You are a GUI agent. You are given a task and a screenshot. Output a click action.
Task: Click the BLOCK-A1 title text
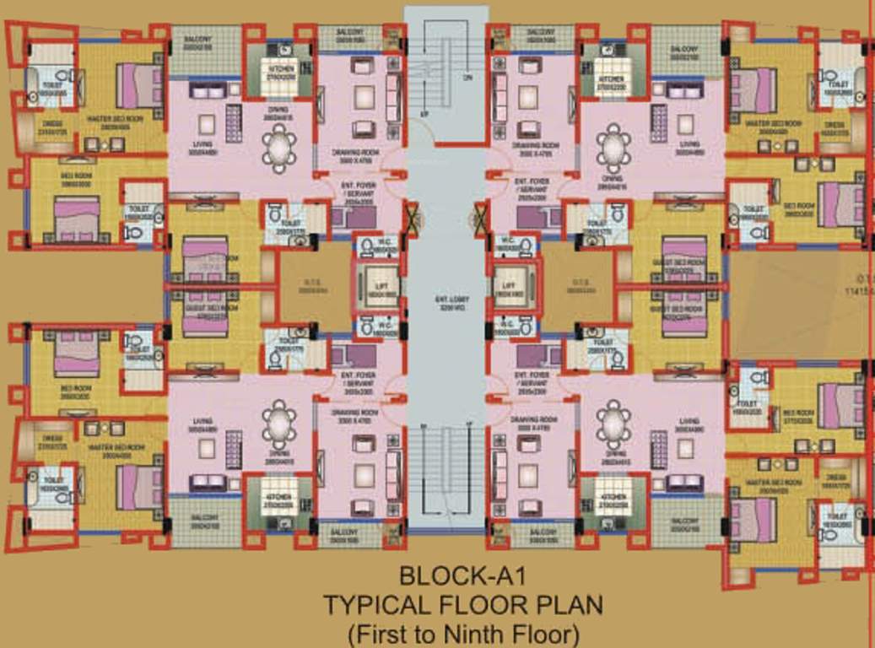click(x=462, y=577)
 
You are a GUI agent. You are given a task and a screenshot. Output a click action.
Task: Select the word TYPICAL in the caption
click(x=378, y=605)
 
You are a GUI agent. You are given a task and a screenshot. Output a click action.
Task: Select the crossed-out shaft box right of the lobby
click(x=482, y=217)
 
